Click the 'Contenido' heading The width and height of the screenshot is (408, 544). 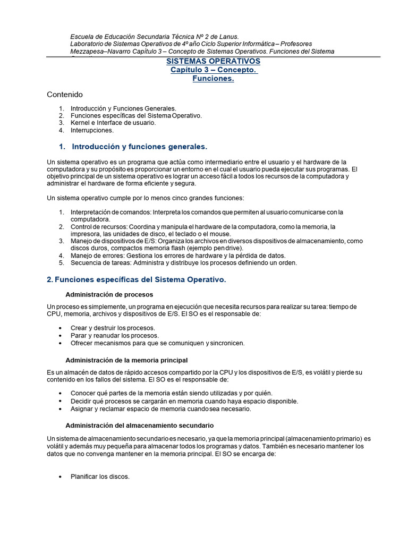(x=65, y=95)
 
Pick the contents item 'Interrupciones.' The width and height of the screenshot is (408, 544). (x=92, y=130)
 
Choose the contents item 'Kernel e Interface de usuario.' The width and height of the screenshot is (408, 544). (x=113, y=123)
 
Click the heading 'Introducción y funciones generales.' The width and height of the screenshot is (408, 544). (x=139, y=146)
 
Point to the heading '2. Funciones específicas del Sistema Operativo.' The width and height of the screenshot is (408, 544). (x=137, y=280)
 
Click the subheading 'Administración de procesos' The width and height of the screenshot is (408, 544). (x=109, y=294)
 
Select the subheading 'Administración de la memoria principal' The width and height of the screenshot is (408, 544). (x=126, y=360)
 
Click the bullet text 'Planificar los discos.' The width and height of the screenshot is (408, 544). (x=100, y=477)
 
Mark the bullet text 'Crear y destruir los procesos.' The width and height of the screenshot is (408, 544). (x=113, y=328)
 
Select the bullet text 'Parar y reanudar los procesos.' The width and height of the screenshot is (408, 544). (x=114, y=335)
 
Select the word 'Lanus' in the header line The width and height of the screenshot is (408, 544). (x=222, y=37)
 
